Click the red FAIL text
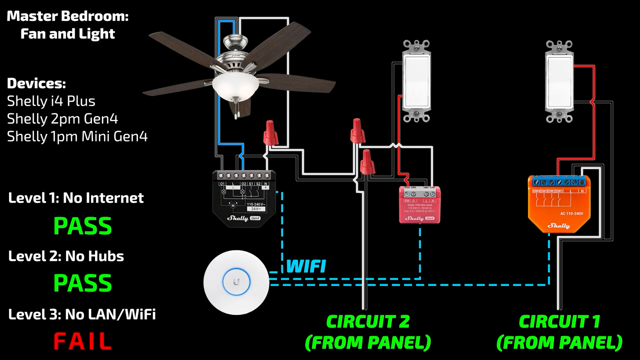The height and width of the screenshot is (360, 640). pos(82,341)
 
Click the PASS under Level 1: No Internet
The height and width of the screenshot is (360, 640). pos(82,225)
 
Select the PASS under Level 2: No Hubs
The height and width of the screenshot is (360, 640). pos(82,283)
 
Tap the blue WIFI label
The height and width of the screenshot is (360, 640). pos(306,266)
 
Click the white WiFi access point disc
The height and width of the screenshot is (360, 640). pos(236,282)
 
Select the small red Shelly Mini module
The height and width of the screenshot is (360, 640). pos(419,204)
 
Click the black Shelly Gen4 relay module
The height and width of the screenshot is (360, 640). pos(243,198)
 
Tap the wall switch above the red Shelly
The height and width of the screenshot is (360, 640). pos(416,81)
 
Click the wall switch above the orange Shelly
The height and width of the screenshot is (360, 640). pos(559,81)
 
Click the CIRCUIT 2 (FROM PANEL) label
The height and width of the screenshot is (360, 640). pos(368,331)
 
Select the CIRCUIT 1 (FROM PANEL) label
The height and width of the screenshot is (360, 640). pos(559,331)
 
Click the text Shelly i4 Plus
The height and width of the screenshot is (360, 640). pos(51,101)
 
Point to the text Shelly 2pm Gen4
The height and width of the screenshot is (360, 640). pos(62,119)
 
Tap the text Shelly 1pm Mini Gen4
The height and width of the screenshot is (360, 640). pos(77,136)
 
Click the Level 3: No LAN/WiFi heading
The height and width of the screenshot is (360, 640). pos(82,314)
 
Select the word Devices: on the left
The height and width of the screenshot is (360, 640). pos(36,83)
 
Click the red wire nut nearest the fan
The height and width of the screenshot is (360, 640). pos(270,132)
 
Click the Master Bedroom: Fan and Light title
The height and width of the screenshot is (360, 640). pos(67,25)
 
